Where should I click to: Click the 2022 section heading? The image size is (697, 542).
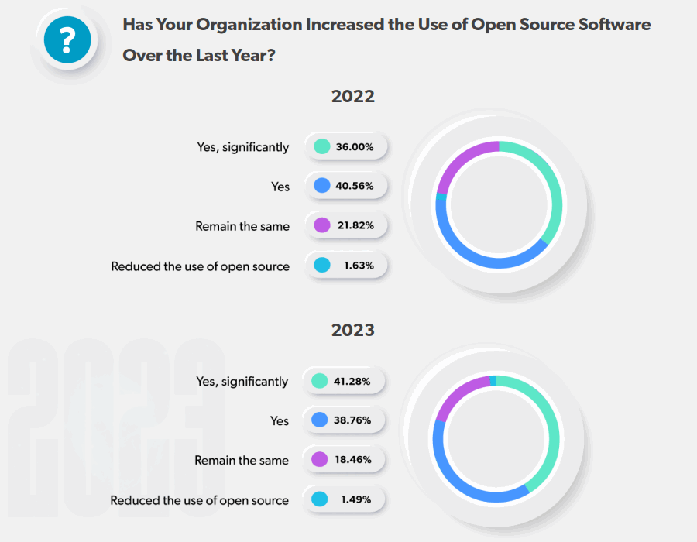coord(352,97)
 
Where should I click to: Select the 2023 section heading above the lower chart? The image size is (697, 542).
coord(352,330)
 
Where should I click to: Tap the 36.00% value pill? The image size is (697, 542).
coord(346,146)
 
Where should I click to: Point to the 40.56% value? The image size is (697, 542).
coord(355,186)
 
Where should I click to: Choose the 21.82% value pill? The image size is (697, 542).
coord(346,225)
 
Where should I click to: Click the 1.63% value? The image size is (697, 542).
coord(359,265)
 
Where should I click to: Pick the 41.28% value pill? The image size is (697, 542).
coord(344,381)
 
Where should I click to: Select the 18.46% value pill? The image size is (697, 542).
coord(344,460)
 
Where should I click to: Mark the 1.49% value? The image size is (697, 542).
coord(356,499)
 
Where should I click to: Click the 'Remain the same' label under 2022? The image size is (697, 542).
coord(242,226)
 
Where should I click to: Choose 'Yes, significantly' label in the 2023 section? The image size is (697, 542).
coord(242,382)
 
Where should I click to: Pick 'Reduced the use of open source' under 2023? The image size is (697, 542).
coord(199,500)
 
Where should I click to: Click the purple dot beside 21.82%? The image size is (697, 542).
coord(322,225)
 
